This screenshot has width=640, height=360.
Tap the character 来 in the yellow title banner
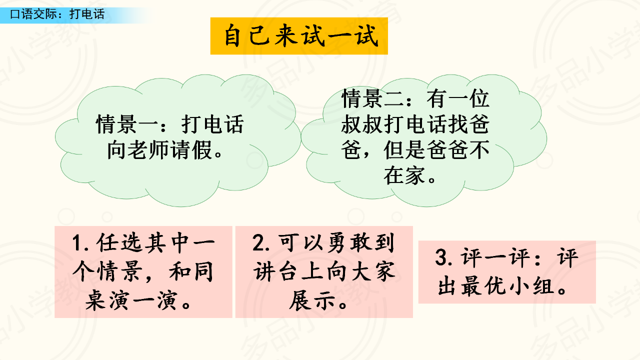click(285, 36)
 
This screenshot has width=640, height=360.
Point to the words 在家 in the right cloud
click(404, 175)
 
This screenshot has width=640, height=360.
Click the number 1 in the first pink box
click(77, 243)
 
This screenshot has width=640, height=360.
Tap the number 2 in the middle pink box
click(258, 243)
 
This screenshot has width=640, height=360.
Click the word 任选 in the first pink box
click(119, 243)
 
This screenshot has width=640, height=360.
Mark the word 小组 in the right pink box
click(531, 286)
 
